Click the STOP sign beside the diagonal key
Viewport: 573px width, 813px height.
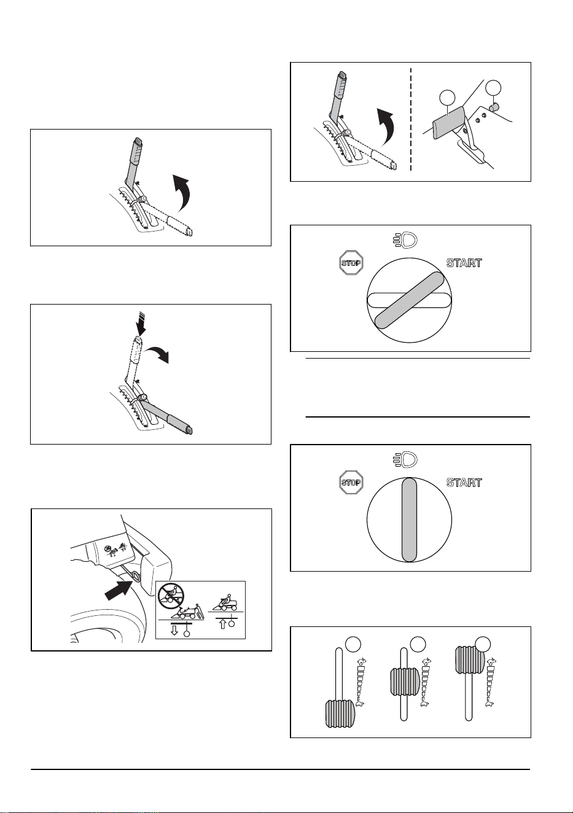[351, 262]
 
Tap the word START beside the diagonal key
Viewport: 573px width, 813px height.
[464, 263]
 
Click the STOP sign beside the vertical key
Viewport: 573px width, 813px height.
[351, 482]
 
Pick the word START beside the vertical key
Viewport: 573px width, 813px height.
[464, 483]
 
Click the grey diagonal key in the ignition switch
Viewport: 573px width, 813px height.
[409, 300]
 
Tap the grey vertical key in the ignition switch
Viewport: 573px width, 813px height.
[409, 519]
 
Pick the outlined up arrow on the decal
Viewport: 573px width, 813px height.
[223, 623]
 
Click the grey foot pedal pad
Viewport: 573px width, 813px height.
[447, 123]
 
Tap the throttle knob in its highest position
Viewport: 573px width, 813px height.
[470, 659]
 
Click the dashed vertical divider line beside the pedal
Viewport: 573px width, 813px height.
[411, 119]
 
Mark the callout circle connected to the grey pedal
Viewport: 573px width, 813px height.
[447, 98]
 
